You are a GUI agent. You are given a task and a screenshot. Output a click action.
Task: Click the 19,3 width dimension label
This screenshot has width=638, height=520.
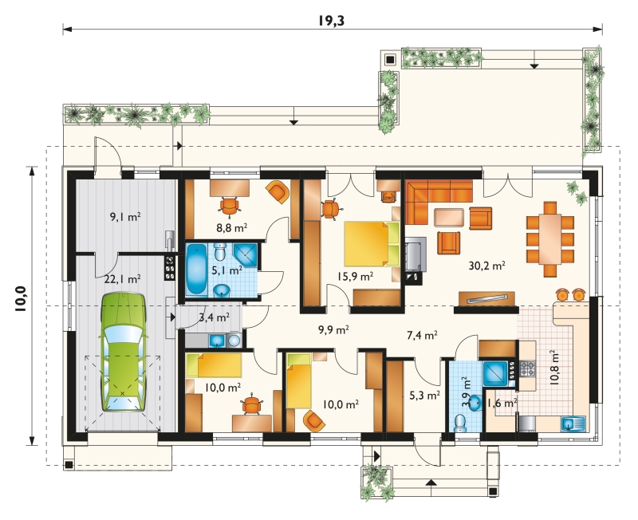coord(331,21)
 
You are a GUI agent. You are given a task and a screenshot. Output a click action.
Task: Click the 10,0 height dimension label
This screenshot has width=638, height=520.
coord(21,299)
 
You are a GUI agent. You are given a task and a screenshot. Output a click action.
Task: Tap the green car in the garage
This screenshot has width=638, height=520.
coord(123,352)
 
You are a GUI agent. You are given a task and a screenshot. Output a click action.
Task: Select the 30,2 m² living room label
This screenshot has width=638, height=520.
coord(487,266)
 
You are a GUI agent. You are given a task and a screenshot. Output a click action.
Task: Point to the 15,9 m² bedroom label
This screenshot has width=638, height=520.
coord(355,276)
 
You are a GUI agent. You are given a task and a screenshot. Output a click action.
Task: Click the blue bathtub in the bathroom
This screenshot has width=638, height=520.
coord(196,269)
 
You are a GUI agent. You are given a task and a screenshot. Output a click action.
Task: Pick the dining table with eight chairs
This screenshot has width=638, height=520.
coord(550,239)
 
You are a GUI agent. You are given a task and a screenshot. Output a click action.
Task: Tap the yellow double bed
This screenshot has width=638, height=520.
coord(372,244)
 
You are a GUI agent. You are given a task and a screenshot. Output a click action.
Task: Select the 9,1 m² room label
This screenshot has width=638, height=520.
coord(125,217)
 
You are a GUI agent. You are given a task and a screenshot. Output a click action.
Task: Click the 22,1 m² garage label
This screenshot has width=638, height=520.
coord(123,279)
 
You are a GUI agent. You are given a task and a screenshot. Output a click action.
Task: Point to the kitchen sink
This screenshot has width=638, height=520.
coord(573,424)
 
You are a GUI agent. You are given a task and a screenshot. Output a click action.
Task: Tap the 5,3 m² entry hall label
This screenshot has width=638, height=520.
coord(424,395)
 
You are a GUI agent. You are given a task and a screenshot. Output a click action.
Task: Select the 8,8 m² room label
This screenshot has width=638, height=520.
coord(231,227)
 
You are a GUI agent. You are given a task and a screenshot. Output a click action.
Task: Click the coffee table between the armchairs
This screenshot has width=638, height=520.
coord(449,217)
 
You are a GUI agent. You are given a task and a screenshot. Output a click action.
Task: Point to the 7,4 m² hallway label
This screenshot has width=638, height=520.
coord(422,335)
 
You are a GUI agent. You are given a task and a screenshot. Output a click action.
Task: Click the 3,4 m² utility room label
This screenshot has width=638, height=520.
coord(214,317)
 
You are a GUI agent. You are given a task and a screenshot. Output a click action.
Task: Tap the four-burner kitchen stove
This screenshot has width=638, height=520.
coord(528,368)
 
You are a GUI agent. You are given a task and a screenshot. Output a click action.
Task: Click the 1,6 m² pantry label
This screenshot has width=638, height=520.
coord(502,404)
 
